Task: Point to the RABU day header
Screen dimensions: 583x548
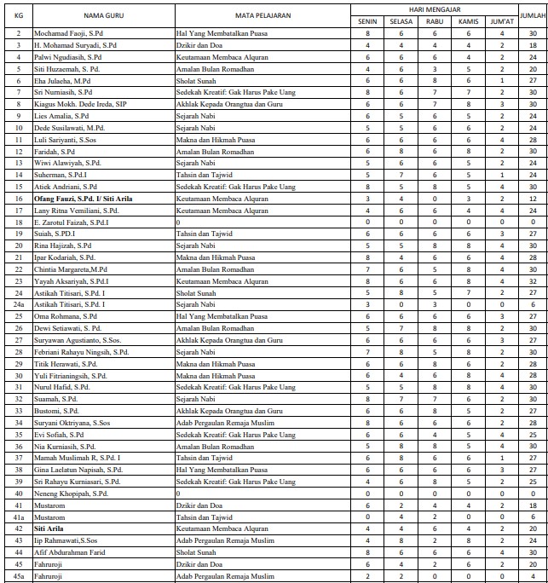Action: tap(434, 21)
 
